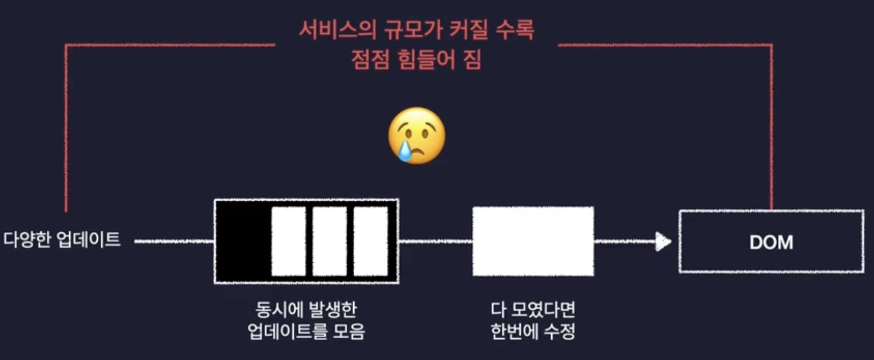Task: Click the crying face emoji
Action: click(x=417, y=135)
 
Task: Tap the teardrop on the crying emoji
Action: click(x=404, y=151)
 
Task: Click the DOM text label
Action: click(x=771, y=242)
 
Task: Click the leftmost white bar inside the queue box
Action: click(x=288, y=241)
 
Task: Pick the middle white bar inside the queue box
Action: click(x=330, y=241)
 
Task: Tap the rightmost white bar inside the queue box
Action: click(x=371, y=241)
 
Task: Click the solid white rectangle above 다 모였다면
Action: click(x=533, y=241)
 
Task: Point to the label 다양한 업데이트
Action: click(x=62, y=240)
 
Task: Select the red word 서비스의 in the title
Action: click(x=337, y=30)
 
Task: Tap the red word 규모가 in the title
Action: click(x=413, y=30)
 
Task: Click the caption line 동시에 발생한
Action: click(x=306, y=309)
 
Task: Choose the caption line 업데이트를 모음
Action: click(x=306, y=331)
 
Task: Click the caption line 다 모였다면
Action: click(x=533, y=309)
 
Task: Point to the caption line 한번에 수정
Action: click(x=533, y=331)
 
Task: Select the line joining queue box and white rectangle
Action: click(x=436, y=241)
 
